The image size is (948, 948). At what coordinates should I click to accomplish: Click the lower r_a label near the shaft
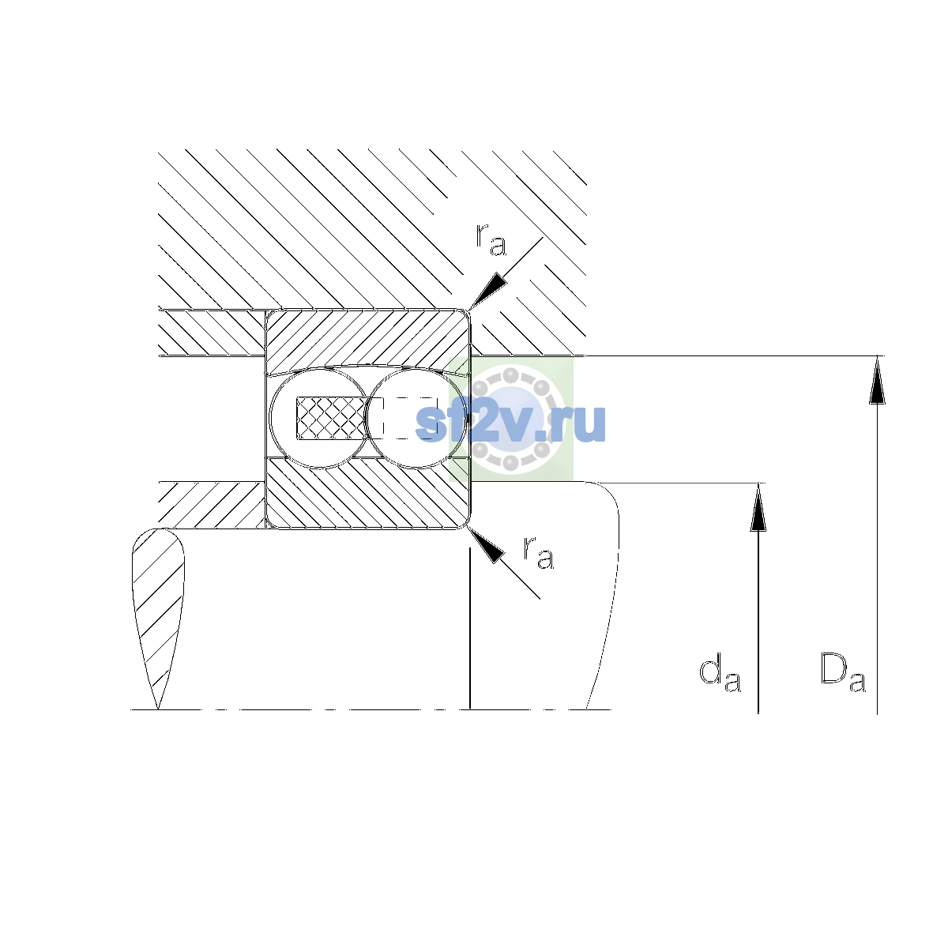coord(539,552)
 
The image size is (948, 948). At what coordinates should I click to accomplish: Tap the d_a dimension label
coord(720,673)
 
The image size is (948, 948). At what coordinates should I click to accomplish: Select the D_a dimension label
coord(843,673)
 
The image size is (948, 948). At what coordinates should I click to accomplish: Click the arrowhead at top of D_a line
coord(877,380)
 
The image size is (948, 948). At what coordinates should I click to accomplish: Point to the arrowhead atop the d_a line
coord(758,506)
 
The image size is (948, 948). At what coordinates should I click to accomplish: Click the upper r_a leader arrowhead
coord(487,292)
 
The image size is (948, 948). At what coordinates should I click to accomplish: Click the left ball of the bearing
coord(319,418)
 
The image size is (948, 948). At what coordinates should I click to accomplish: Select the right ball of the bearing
coord(416,418)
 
